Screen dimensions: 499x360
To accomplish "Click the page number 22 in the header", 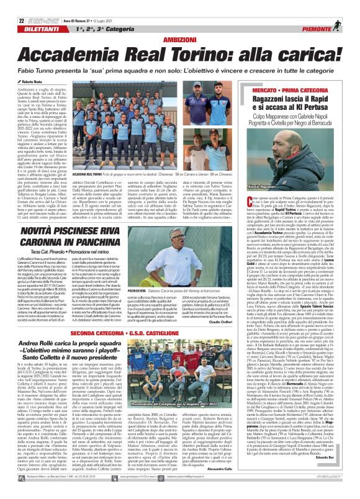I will (12, 6).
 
